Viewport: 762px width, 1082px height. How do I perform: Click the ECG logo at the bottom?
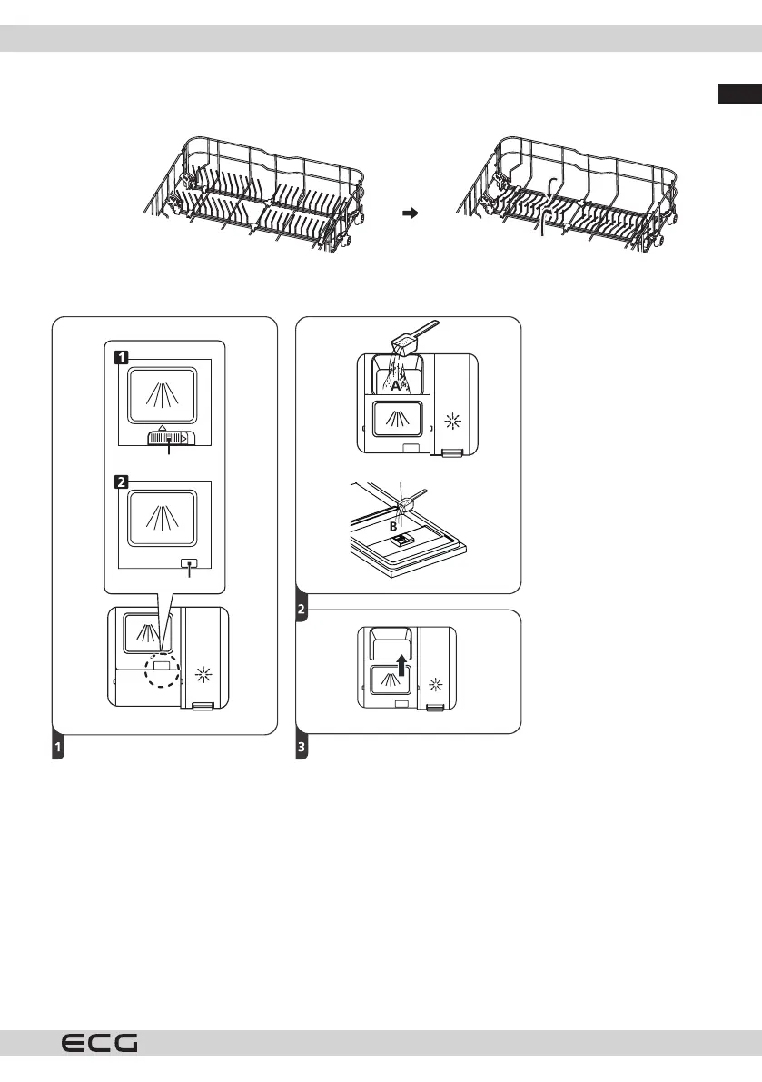click(100, 1045)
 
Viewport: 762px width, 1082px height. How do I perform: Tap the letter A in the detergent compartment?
click(396, 385)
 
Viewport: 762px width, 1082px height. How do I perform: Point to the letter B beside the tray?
click(394, 525)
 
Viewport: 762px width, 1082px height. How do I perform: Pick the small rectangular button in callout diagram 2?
click(188, 562)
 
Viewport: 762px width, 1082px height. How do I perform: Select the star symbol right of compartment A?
click(454, 422)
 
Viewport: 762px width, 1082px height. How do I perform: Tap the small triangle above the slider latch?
click(161, 426)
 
